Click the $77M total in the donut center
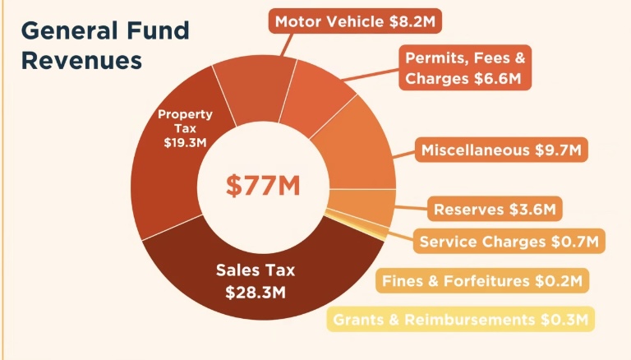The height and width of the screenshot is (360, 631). tap(263, 186)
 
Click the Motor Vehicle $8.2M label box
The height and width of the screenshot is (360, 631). tap(355, 21)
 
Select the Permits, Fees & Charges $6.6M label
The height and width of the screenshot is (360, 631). tap(465, 67)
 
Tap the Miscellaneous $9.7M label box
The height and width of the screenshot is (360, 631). tap(501, 150)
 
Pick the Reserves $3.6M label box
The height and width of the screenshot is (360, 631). tap(495, 209)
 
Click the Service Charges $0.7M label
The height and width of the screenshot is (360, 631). tap(509, 241)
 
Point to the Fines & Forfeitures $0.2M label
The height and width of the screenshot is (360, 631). tap(482, 280)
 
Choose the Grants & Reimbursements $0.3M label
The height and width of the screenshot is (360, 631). tap(461, 320)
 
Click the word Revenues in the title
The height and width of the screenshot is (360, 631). tap(81, 61)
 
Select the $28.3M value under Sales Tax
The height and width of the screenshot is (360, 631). tap(256, 293)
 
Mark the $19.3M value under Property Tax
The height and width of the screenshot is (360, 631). tap(185, 142)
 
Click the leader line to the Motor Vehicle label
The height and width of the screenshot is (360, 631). tap(286, 45)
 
